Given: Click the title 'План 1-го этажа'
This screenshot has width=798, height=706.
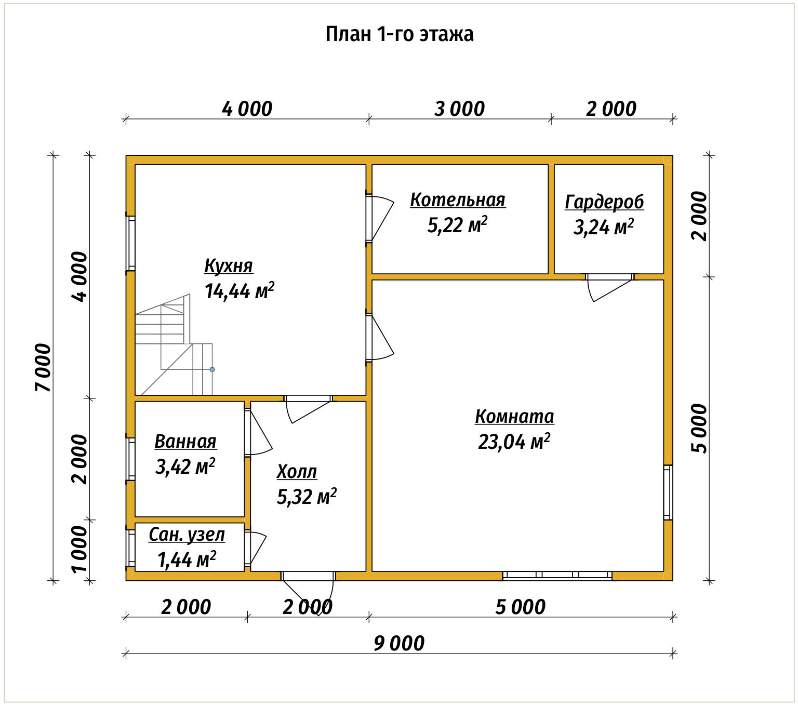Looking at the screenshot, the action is click(399, 34).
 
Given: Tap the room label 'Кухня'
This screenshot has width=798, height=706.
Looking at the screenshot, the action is click(229, 265).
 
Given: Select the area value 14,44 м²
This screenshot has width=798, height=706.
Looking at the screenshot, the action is click(239, 291).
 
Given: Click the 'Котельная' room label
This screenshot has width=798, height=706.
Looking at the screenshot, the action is click(458, 199).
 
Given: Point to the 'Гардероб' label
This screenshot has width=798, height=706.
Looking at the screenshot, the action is click(604, 202).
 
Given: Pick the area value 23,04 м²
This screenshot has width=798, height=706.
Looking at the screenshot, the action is click(514, 441).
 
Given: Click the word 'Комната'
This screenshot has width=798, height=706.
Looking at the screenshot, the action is click(514, 417).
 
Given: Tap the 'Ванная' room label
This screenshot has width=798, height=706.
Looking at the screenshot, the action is click(185, 441).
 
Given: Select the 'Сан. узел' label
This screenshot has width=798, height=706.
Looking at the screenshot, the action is click(187, 535).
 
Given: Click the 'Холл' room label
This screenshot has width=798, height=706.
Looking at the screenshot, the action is click(297, 471).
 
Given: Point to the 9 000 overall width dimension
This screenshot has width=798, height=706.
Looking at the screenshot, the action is click(399, 643).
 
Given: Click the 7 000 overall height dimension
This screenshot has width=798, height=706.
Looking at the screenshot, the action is click(43, 367).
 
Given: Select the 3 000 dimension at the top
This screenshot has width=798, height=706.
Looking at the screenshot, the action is click(459, 109).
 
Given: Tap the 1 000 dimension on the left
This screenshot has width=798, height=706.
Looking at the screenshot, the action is click(79, 549).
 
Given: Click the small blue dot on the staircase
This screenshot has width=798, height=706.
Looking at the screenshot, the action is click(212, 369).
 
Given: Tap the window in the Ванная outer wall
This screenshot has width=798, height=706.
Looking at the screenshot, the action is click(130, 459).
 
